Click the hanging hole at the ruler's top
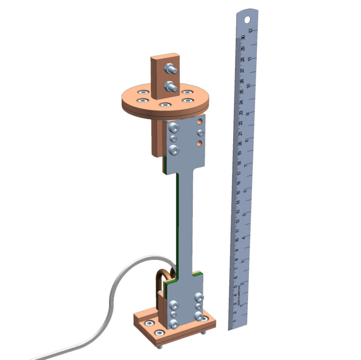(248, 19)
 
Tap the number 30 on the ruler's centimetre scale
(243, 38)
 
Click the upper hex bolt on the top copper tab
(169, 70)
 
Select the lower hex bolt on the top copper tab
(169, 86)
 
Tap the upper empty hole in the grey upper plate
(200, 121)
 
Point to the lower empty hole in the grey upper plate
(200, 142)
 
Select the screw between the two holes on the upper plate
(200, 132)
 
